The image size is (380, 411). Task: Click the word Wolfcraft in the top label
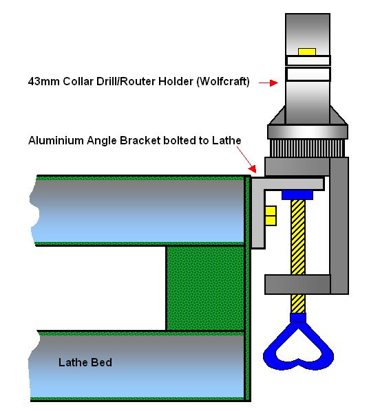(222, 82)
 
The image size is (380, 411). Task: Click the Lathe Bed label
(85, 362)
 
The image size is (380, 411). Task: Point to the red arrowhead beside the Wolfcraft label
(274, 83)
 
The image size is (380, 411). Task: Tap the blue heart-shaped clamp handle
(298, 345)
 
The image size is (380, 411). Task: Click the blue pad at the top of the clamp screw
(297, 195)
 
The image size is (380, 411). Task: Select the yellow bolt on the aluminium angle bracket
(271, 215)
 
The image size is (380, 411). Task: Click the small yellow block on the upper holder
(307, 52)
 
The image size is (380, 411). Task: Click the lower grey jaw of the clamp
(297, 285)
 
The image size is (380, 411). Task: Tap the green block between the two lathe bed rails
(206, 288)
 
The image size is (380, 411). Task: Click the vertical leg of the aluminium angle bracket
(258, 219)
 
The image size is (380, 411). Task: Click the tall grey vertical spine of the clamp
(339, 225)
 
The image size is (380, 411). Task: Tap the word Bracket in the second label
(140, 140)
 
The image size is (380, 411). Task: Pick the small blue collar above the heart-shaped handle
(298, 318)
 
